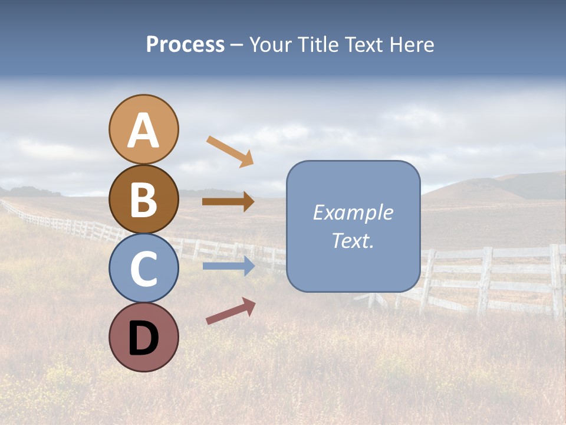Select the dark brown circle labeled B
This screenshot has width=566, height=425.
click(x=143, y=199)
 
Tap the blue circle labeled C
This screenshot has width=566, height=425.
click(x=143, y=268)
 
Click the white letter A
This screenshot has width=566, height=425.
click(x=143, y=130)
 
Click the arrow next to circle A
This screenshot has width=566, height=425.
click(x=230, y=151)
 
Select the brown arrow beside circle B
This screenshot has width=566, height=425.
click(x=228, y=202)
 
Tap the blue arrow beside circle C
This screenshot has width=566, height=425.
click(x=229, y=266)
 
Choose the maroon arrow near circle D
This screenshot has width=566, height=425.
click(x=231, y=311)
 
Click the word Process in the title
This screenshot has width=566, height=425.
click(x=185, y=45)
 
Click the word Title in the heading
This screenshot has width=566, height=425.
click(x=317, y=45)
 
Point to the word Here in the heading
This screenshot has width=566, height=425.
click(x=412, y=45)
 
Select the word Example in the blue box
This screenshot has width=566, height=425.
click(x=353, y=212)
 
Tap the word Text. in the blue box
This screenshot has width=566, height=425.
click(x=353, y=241)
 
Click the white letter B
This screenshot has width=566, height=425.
click(x=143, y=201)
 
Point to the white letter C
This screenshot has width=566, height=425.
click(x=143, y=270)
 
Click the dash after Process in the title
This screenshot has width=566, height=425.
click(x=237, y=45)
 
